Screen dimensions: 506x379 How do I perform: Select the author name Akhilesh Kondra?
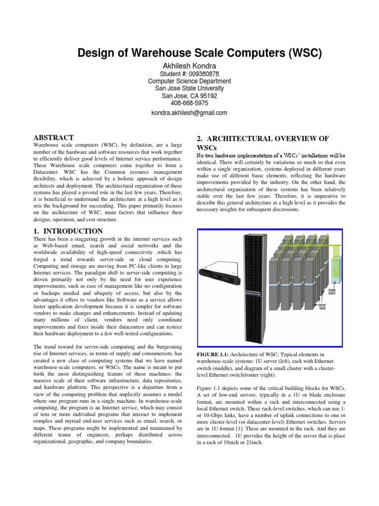coord(189,66)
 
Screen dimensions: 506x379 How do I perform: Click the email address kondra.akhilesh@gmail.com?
coord(189,113)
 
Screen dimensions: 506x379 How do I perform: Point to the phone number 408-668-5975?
coord(189,103)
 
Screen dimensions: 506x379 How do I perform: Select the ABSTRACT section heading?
coord(53,137)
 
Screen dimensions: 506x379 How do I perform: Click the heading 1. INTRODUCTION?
coord(68,231)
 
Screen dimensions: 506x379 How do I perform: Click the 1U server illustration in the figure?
coord(218,275)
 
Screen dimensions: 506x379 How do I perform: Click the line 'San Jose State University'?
coord(189,88)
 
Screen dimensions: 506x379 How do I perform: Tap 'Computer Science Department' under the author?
coord(189,81)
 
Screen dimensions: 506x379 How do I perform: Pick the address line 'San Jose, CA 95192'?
coord(189,96)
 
